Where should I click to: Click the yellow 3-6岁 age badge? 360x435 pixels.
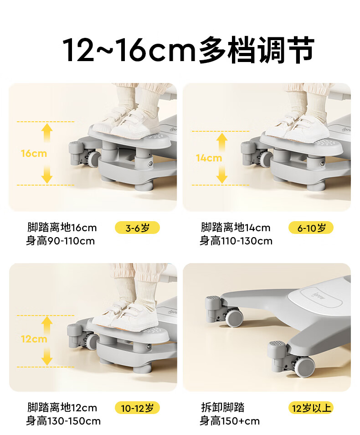click(x=137, y=228)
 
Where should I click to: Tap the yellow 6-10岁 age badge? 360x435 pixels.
click(x=311, y=228)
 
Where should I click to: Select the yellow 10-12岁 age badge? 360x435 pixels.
click(x=137, y=408)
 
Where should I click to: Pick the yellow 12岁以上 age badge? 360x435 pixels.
click(x=311, y=408)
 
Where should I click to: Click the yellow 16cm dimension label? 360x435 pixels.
click(x=34, y=153)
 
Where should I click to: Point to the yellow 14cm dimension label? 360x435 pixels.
click(x=209, y=158)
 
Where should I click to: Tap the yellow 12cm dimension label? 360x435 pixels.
click(x=34, y=339)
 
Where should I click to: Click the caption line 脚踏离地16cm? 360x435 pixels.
click(x=62, y=228)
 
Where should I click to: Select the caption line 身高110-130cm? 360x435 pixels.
click(x=236, y=241)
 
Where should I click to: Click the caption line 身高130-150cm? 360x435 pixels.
click(x=63, y=421)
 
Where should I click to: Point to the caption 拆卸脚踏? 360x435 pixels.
click(x=223, y=408)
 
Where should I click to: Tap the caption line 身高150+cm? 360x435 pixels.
click(x=230, y=421)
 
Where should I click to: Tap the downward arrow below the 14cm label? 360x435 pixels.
click(x=222, y=175)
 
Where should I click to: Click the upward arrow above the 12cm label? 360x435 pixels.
click(x=47, y=325)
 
